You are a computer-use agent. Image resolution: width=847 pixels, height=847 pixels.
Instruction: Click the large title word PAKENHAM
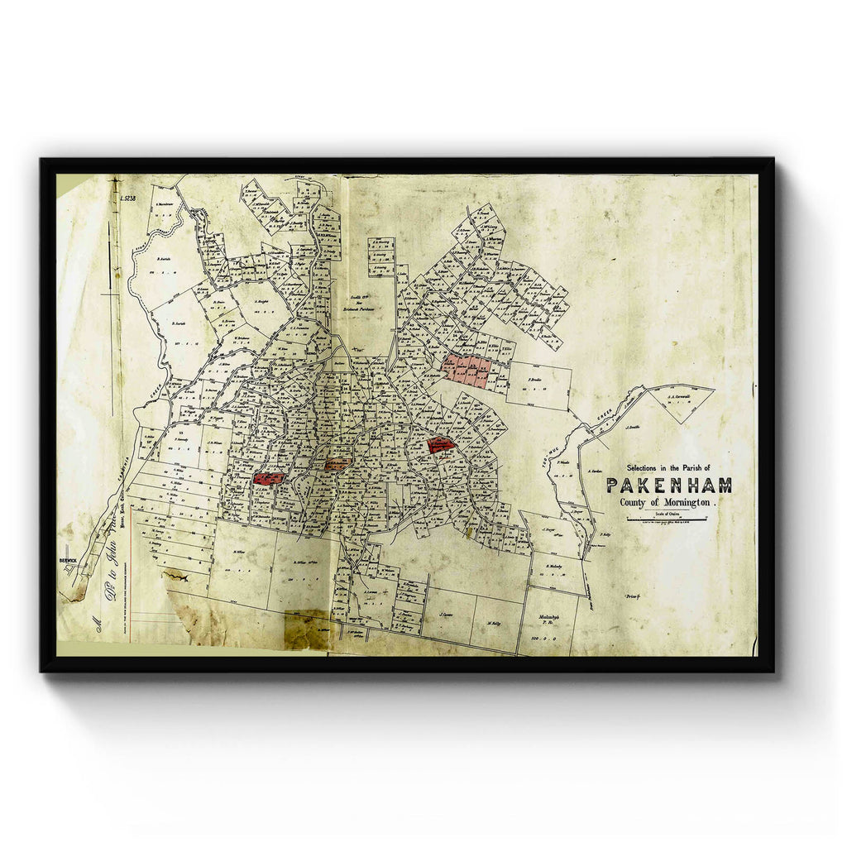[x=669, y=486]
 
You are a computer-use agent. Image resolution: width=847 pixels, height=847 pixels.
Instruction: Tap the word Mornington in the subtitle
[x=682, y=502]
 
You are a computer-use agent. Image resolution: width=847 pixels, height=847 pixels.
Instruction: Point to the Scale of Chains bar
[x=668, y=519]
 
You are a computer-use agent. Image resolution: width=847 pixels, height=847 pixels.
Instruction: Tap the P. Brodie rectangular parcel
[x=538, y=385]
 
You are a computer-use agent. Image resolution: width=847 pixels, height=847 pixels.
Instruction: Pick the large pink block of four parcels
[x=467, y=369]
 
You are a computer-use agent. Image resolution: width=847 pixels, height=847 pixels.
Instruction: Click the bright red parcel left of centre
[x=269, y=478]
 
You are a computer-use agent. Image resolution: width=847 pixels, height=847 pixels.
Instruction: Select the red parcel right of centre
[x=441, y=444]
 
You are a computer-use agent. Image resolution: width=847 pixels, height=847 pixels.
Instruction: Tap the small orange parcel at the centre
[x=336, y=464]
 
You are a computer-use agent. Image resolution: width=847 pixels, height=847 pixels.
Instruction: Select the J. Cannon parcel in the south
[x=448, y=615]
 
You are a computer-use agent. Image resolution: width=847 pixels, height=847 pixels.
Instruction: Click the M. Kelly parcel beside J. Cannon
[x=495, y=624]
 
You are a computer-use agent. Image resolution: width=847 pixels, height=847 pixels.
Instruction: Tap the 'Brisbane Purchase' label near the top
[x=360, y=306]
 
